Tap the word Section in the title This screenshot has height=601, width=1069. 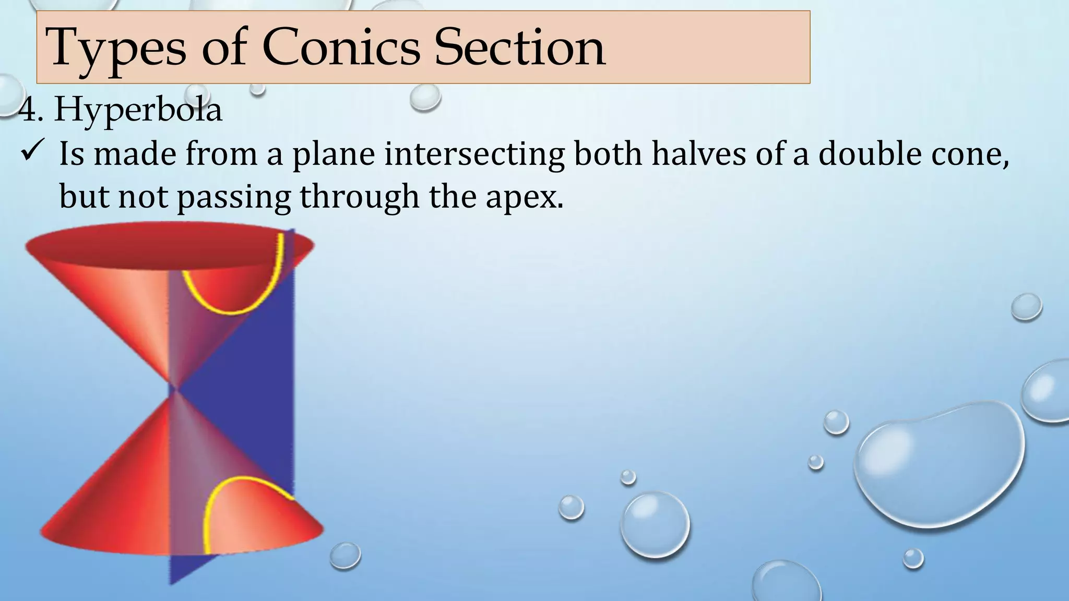(x=519, y=48)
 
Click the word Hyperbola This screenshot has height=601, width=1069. (x=138, y=110)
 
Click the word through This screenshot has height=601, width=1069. (x=360, y=197)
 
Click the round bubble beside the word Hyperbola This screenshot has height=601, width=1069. (x=425, y=98)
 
